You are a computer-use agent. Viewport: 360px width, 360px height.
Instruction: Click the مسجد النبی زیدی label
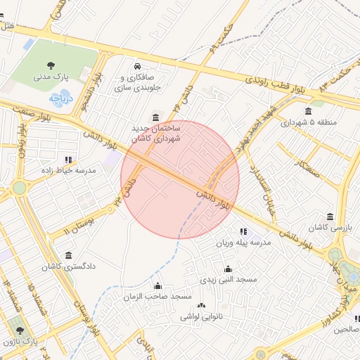click(228, 280)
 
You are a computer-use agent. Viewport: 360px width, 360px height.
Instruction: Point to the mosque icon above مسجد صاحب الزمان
click(157, 285)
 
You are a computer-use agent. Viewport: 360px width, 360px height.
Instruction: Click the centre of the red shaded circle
click(180, 179)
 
